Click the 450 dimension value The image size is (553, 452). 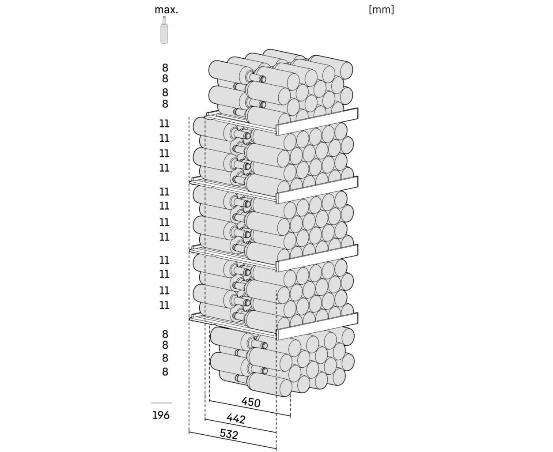click(x=251, y=402)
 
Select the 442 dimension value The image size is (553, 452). click(x=236, y=419)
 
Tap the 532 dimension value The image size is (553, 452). click(x=229, y=434)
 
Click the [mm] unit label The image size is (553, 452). click(x=381, y=10)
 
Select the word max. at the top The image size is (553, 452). click(x=166, y=10)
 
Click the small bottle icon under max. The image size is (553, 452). click(x=164, y=30)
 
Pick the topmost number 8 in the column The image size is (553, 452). click(x=165, y=68)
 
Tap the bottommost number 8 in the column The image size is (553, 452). click(x=165, y=372)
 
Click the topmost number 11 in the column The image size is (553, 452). click(x=164, y=124)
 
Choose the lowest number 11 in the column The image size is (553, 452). click(x=164, y=305)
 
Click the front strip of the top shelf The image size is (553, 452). click(x=317, y=121)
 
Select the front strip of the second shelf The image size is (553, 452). click(x=317, y=190)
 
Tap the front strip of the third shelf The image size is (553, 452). click(x=317, y=258)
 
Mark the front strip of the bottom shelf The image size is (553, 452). click(x=317, y=326)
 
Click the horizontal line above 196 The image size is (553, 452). click(x=162, y=403)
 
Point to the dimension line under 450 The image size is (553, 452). click(x=250, y=408)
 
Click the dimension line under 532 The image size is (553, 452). click(x=233, y=441)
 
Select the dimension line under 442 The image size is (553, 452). click(x=240, y=425)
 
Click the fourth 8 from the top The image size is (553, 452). click(x=165, y=104)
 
